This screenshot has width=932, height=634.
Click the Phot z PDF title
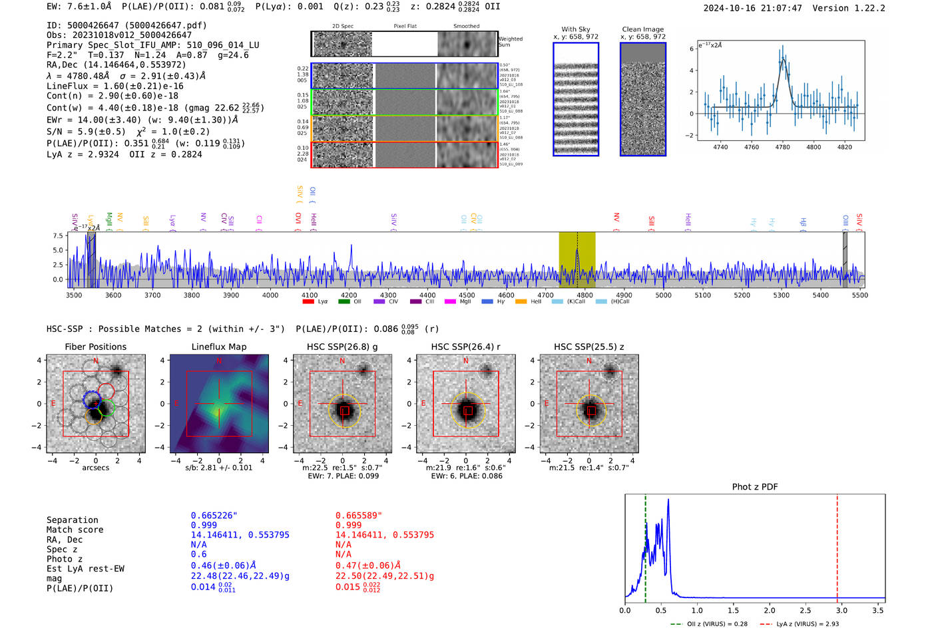[755, 487]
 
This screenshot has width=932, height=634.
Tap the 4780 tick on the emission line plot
[782, 147]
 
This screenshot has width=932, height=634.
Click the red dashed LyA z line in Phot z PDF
[837, 546]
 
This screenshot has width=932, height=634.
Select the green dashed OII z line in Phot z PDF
[645, 546]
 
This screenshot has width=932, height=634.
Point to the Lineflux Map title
[219, 347]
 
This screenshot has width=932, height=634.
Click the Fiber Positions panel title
[95, 347]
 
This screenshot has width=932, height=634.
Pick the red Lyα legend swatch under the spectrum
[308, 302]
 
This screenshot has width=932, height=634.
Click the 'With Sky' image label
[576, 29]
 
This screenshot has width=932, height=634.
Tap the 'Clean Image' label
[642, 29]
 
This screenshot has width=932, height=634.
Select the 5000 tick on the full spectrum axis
[663, 295]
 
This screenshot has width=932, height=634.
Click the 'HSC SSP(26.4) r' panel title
[465, 347]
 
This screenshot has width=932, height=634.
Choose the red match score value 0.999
[348, 526]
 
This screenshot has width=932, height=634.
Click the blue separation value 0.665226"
[214, 516]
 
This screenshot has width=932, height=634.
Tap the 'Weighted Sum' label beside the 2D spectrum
[511, 41]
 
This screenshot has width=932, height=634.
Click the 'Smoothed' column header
[466, 27]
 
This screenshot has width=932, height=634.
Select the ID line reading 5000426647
[126, 25]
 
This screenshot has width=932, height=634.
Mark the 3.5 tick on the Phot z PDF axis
[878, 610]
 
